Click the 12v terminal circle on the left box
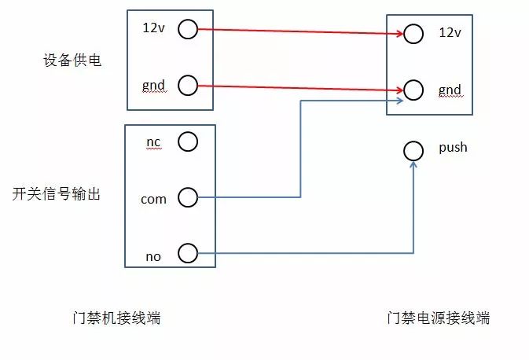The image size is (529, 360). click(x=187, y=30)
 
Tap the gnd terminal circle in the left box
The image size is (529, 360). click(x=187, y=86)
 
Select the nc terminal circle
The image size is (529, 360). click(x=187, y=141)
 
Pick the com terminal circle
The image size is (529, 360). click(x=187, y=197)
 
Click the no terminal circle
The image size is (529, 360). click(x=187, y=254)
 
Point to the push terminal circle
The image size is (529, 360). click(x=412, y=149)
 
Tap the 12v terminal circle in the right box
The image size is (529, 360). click(x=413, y=33)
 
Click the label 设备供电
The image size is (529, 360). click(x=72, y=60)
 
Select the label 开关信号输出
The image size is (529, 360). click(x=57, y=194)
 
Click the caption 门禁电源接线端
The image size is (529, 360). click(x=438, y=318)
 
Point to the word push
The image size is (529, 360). click(x=453, y=147)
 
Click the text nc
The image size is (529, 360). click(x=153, y=141)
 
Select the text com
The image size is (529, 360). click(x=153, y=199)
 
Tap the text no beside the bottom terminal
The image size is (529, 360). click(x=153, y=256)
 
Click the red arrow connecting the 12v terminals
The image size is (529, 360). click(x=299, y=31)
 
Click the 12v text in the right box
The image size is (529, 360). click(x=450, y=32)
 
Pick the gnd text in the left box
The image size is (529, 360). click(x=153, y=84)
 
